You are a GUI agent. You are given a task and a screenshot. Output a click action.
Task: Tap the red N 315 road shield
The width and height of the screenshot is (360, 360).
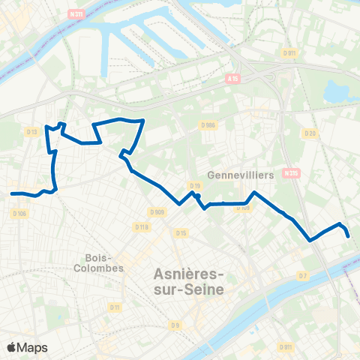tap(291, 173)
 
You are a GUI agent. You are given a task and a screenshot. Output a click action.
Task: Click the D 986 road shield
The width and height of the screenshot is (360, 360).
tap(208, 125)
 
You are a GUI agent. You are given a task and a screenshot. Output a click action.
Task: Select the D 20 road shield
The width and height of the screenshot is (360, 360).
tap(310, 133)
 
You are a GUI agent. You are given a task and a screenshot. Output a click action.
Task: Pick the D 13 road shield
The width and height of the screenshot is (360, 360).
tap(31, 132)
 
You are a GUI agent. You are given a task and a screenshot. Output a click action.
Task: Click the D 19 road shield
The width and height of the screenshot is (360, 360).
tap(195, 185)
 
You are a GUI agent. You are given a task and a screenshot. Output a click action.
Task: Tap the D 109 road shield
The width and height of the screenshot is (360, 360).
tap(242, 208)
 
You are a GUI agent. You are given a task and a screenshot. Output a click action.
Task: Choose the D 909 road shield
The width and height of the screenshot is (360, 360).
tap(157, 212)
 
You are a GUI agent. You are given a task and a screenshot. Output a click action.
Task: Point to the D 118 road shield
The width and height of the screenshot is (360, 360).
tap(140, 226)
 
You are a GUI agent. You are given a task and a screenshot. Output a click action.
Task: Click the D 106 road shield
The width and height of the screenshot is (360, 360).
tap(20, 214)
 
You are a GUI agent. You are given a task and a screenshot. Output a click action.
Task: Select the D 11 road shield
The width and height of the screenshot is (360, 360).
tap(115, 307)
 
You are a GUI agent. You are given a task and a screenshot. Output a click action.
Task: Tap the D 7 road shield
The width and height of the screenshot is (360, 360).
tap(302, 276)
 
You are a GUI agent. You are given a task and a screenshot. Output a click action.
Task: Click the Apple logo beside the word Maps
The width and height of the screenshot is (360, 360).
tap(12, 347)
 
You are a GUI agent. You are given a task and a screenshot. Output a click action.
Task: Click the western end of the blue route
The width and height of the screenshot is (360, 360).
tap(12, 193)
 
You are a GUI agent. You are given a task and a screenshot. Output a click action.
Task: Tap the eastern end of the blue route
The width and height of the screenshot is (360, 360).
tap(349, 236)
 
